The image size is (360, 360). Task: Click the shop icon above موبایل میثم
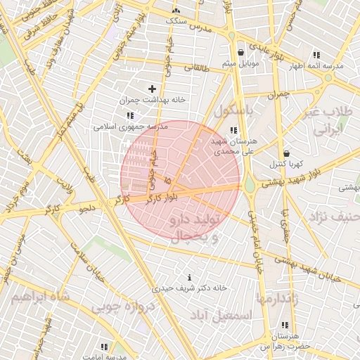[x=240, y=53]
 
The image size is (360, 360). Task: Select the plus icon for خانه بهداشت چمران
[x=152, y=89]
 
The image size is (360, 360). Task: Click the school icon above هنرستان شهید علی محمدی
[x=233, y=130]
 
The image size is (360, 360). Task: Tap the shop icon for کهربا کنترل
[x=286, y=153]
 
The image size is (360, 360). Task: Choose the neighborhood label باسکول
[x=238, y=111]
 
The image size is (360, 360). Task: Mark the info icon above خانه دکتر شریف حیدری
[x=189, y=277]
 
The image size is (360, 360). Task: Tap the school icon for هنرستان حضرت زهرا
[x=285, y=326]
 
